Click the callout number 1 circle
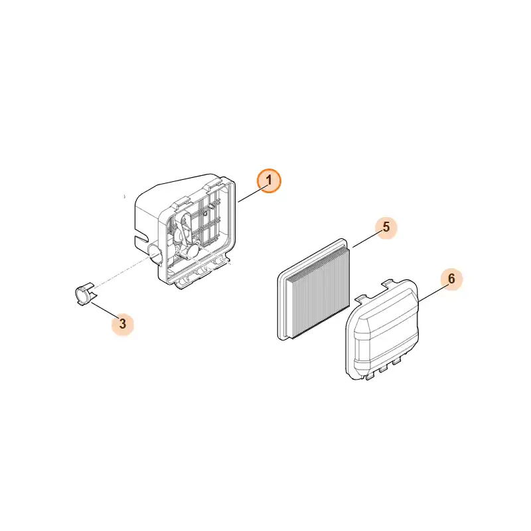[x=269, y=181]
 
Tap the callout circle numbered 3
[x=123, y=324]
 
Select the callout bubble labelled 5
[x=386, y=228]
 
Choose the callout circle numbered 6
[x=451, y=279]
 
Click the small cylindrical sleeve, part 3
[x=84, y=294]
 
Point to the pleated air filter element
[x=313, y=290]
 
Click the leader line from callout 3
[x=105, y=310]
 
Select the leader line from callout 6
[x=430, y=294]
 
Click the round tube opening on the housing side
[x=155, y=254]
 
